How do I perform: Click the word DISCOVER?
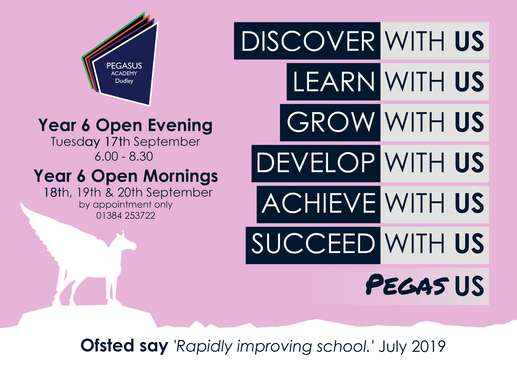tap(308, 41)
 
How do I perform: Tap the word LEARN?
tap(334, 82)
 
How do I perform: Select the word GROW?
tap(331, 122)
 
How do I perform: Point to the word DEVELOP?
tap(315, 163)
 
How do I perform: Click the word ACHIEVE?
tap(318, 203)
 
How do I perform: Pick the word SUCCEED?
tap(313, 244)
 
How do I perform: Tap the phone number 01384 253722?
tap(126, 216)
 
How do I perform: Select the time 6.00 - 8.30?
tap(124, 156)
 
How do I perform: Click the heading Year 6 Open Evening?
tap(125, 126)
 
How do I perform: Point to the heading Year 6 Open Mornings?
tap(126, 176)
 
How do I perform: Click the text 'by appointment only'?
tap(126, 205)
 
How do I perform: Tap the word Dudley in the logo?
tap(124, 81)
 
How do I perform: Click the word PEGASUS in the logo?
tap(124, 66)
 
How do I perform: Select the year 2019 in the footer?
tap(429, 346)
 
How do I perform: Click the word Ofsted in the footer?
tap(107, 346)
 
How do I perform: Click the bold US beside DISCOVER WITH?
tap(469, 41)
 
